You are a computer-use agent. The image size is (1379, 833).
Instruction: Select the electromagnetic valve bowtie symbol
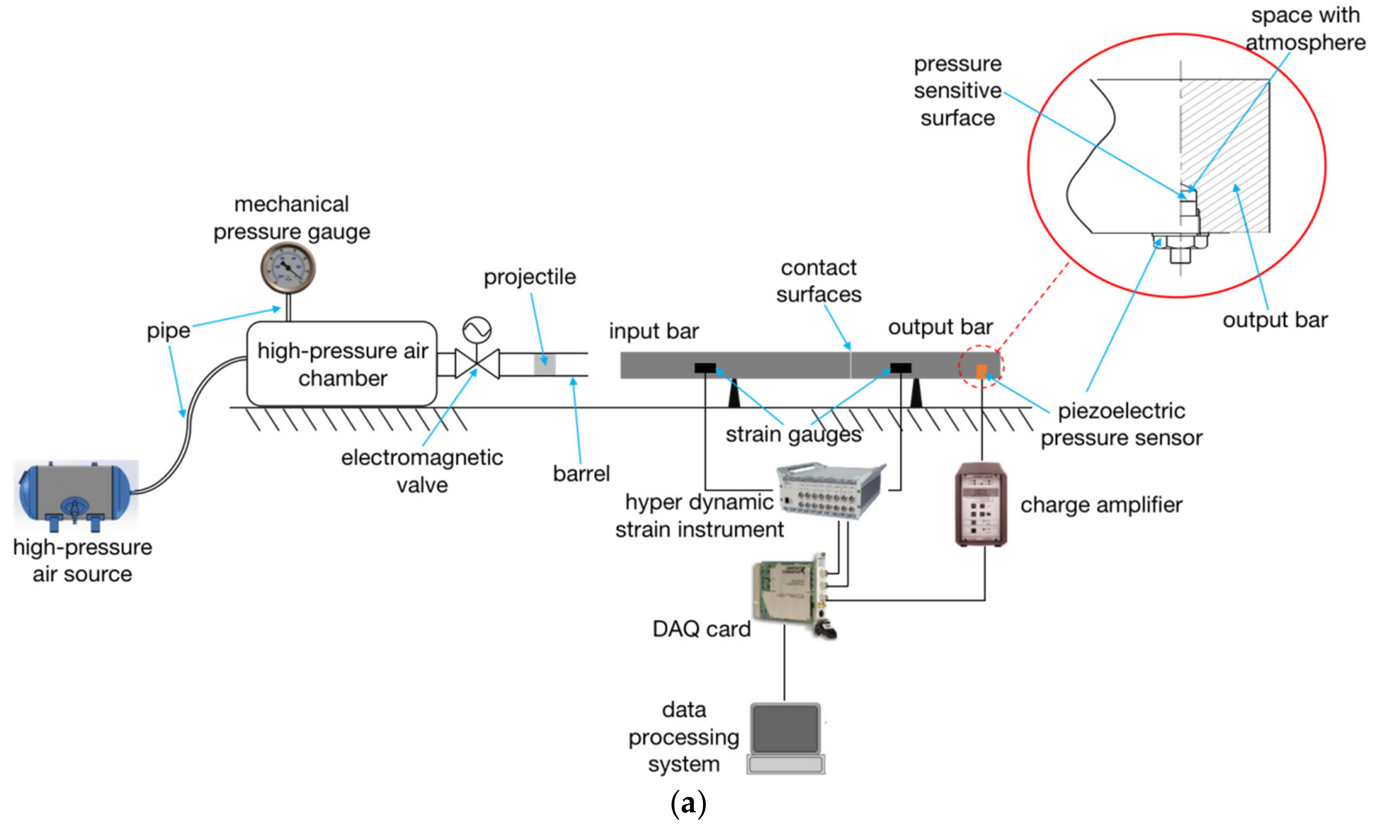[477, 364]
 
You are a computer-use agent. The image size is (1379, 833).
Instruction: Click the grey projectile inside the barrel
[544, 364]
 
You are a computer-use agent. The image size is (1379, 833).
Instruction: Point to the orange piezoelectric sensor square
[981, 371]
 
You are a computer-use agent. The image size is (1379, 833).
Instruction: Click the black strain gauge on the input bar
[705, 368]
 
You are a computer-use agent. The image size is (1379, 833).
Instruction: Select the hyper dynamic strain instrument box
[830, 490]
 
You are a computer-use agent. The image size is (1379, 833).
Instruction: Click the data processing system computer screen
[785, 729]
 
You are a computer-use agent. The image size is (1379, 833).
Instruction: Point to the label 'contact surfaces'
[818, 281]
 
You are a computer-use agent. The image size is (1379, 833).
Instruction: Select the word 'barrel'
[581, 474]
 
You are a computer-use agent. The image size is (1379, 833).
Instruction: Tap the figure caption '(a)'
[688, 804]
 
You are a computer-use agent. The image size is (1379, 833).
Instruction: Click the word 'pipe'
[168, 331]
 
